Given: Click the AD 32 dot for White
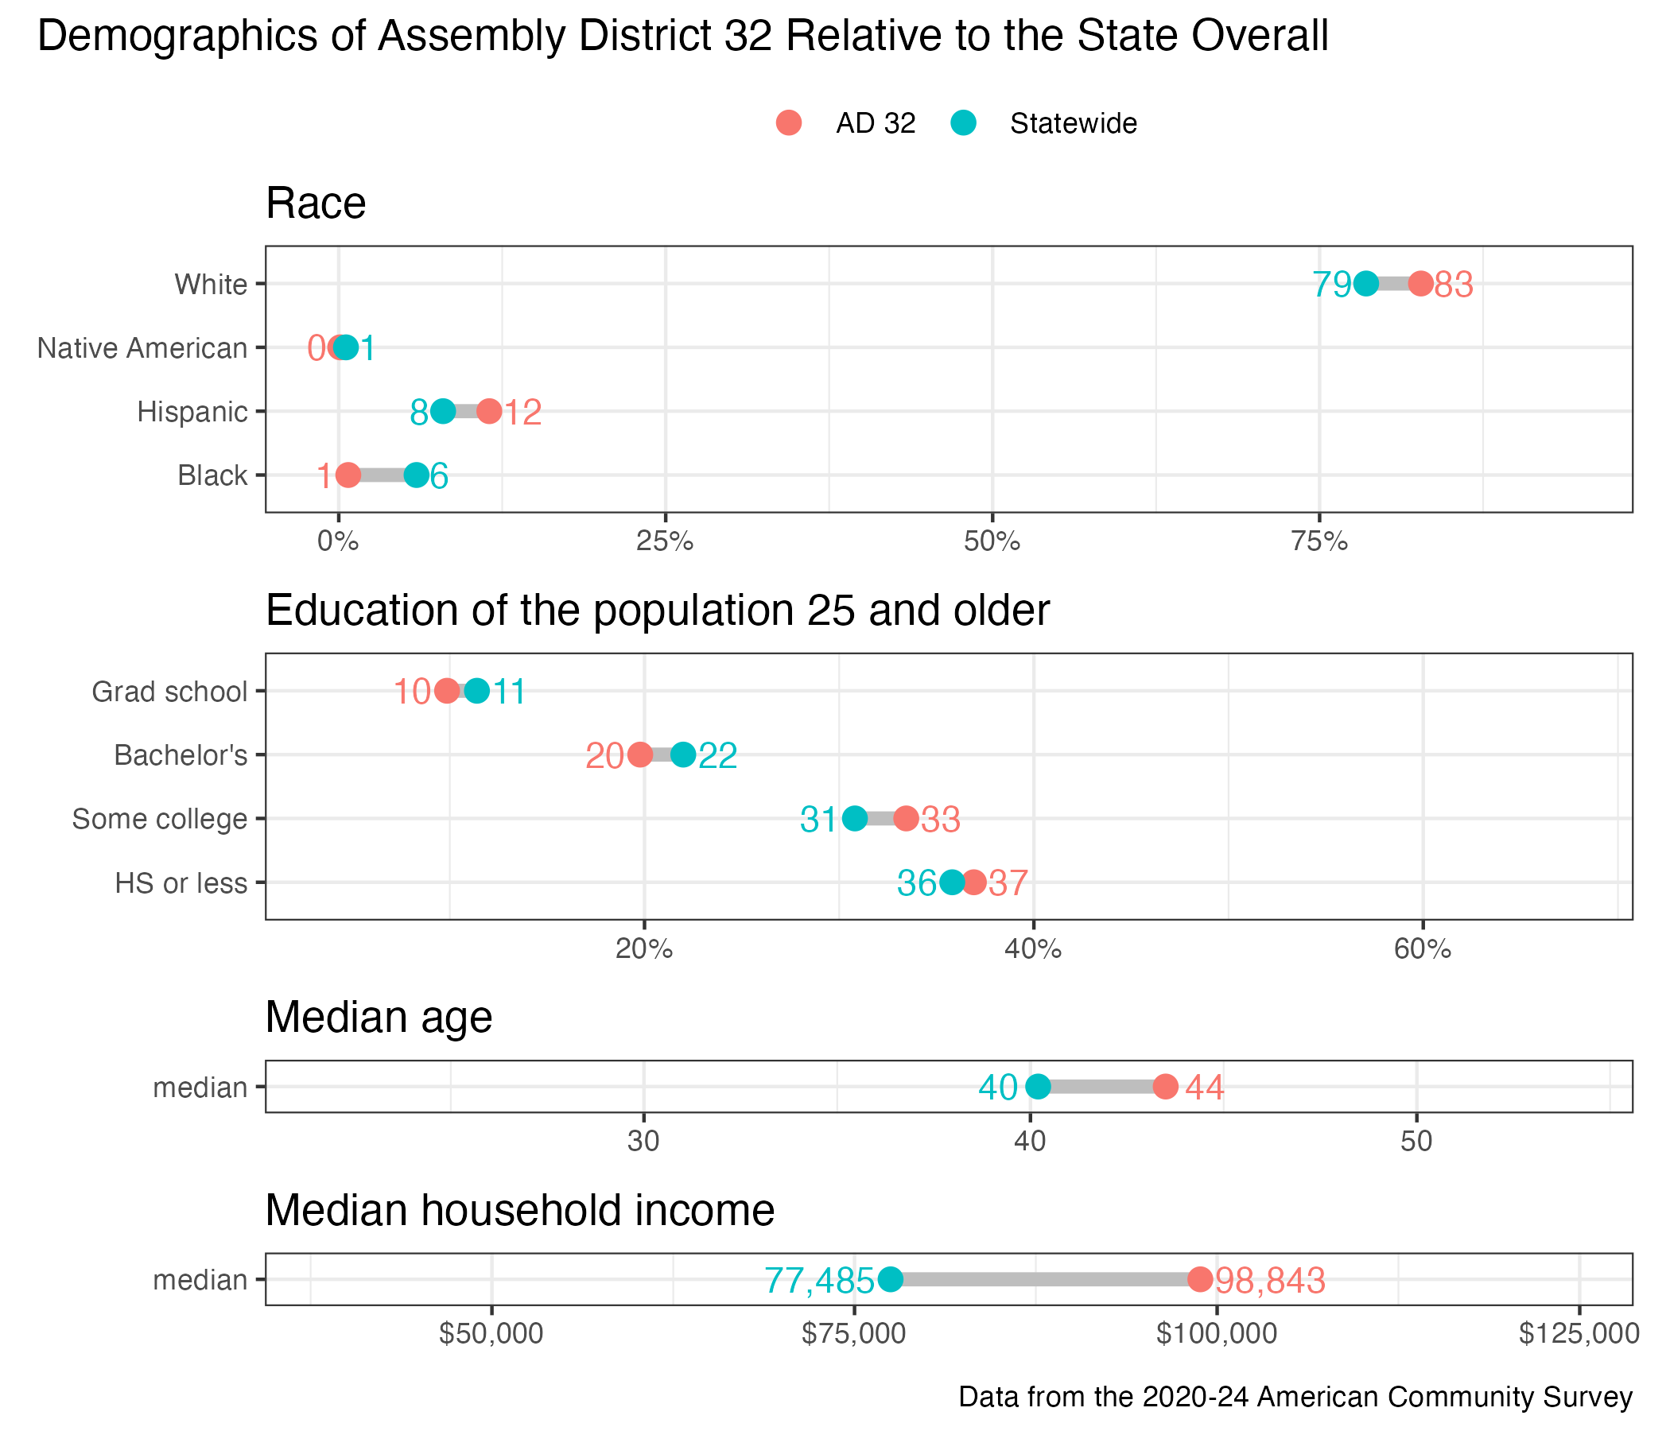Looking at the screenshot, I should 1420,285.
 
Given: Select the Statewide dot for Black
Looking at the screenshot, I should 416,475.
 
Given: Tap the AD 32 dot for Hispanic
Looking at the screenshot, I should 488,412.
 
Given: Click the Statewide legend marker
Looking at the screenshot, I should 963,123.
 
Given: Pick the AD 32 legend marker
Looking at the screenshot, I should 789,123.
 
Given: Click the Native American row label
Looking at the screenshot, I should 142,348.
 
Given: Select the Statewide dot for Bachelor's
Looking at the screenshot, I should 682,755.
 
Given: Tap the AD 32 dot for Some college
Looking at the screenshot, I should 906,819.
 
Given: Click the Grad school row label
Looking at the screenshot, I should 169,692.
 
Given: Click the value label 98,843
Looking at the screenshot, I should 1270,1280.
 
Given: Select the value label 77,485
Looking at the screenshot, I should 819,1280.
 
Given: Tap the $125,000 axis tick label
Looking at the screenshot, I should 1579,1333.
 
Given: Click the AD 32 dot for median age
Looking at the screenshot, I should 1165,1087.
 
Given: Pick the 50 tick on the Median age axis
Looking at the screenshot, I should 1416,1142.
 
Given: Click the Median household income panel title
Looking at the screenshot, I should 520,1210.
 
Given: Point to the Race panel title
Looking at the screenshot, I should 316,203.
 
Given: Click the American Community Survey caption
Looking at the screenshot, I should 1295,1396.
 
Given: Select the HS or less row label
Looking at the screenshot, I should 181,883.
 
